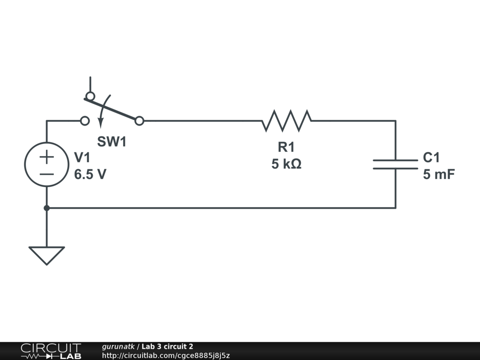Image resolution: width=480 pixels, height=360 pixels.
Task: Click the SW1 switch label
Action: click(112, 142)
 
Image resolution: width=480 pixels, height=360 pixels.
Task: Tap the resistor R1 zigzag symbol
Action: click(286, 121)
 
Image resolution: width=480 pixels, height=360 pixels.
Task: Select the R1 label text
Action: click(286, 147)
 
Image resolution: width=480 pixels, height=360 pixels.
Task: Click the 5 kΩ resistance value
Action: click(286, 164)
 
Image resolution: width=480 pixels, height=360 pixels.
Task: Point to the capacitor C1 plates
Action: click(396, 164)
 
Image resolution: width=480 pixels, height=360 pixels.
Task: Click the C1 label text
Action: click(431, 157)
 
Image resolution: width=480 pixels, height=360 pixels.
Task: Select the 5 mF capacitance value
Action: click(439, 175)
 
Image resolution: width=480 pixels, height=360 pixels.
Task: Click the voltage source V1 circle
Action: click(46, 164)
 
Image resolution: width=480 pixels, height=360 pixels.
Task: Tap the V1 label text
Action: click(82, 157)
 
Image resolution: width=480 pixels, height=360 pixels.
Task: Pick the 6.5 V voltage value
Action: click(90, 175)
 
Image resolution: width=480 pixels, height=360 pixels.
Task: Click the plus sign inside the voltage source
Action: click(46, 157)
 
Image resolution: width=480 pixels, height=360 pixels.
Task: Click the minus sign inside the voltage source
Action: click(46, 174)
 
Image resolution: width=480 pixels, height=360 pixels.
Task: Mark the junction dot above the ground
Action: click(46, 208)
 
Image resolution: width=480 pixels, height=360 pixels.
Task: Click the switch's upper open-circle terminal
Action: click(90, 96)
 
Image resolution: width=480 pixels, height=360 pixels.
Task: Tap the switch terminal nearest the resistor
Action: click(139, 121)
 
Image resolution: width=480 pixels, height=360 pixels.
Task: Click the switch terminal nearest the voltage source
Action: click(85, 121)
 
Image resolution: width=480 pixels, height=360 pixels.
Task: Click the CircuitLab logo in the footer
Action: click(51, 351)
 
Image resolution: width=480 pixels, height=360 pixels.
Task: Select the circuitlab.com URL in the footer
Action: click(165, 356)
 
